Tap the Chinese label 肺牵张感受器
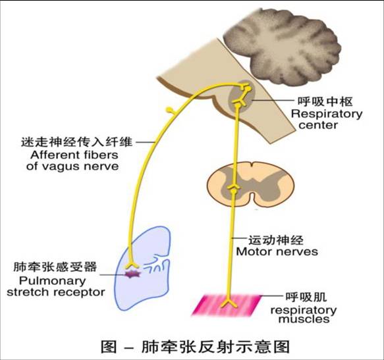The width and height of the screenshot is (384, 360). coord(55,268)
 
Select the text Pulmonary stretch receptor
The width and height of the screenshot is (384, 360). coord(55,286)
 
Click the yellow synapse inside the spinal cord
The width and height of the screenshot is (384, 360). coord(232,190)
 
